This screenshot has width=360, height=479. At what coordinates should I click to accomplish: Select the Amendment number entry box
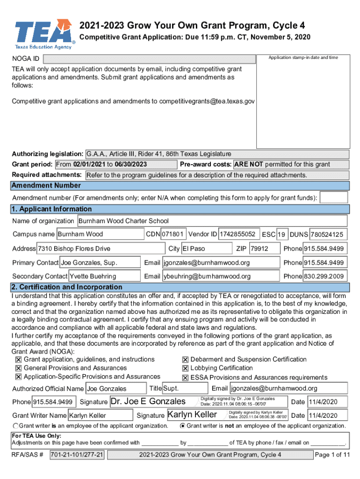coord(334,197)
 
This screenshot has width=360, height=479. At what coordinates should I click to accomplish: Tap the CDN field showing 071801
coord(174,234)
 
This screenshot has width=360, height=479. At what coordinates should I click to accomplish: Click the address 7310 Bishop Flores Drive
coord(101,248)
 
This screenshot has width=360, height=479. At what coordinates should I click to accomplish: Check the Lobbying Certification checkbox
coord(186,369)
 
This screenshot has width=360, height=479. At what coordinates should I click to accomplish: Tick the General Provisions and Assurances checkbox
coord(19,369)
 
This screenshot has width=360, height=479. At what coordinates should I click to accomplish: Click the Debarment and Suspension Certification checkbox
coord(186,360)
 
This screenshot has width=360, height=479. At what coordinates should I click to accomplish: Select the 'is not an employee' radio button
coord(182,426)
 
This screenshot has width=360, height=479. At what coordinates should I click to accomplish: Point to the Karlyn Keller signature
coord(192,414)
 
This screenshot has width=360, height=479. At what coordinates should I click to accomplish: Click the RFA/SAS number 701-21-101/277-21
coord(77,455)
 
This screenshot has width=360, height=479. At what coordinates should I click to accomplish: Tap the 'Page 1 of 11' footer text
coord(332,455)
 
